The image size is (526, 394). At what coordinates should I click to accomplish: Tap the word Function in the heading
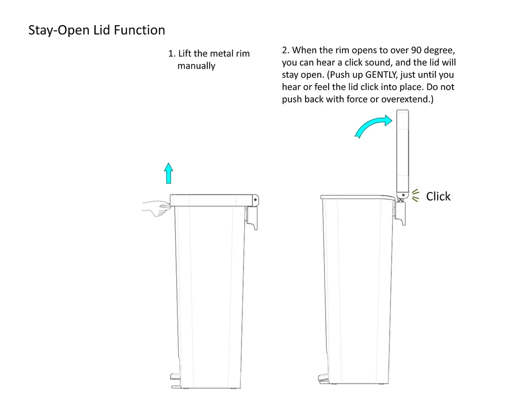point(139,30)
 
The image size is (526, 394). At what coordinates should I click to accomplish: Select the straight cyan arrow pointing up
point(169,173)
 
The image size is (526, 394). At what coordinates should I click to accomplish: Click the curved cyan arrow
point(372,125)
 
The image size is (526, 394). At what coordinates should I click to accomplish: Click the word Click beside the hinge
point(438,196)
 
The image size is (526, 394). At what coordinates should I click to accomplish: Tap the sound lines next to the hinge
point(416,195)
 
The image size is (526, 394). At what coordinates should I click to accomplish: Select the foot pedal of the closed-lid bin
point(175,377)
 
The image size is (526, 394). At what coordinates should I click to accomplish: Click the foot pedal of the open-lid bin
point(323,377)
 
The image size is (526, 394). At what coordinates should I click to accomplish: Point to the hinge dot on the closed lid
point(255,200)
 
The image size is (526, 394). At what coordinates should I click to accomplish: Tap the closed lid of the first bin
point(214,200)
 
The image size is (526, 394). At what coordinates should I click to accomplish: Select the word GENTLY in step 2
point(381,75)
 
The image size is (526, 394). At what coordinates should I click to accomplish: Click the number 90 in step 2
point(416,50)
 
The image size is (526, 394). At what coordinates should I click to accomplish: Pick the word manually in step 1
point(196,66)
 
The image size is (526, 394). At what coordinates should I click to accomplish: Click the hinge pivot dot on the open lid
point(403,195)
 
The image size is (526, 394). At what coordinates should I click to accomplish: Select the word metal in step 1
point(221,54)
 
